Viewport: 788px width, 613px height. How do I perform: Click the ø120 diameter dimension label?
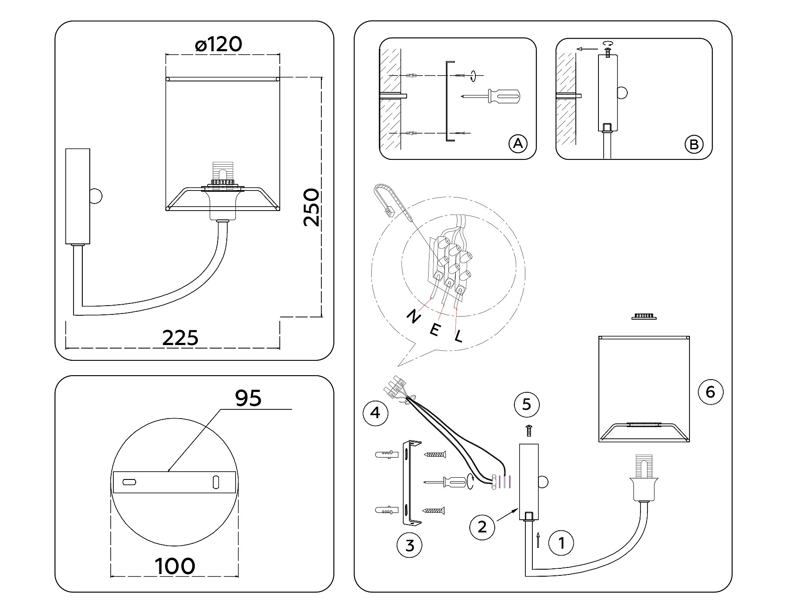tap(219, 45)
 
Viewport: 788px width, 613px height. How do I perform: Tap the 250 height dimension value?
tap(312, 208)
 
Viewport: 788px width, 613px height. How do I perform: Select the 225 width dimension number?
tap(180, 338)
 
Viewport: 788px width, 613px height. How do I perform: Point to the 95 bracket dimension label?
tap(248, 398)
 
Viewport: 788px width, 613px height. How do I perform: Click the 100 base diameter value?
tap(175, 566)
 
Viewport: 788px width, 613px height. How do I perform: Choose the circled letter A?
tap(518, 144)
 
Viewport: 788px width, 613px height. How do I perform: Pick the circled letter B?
tap(694, 144)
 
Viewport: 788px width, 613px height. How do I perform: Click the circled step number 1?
tap(561, 543)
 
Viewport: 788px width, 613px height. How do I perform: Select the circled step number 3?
tap(409, 546)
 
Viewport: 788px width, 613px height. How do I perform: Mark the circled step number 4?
tap(376, 412)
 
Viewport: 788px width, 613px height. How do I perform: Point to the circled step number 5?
tap(527, 404)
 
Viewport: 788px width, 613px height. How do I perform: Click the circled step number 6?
tap(710, 391)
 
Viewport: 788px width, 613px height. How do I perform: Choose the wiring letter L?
tap(458, 336)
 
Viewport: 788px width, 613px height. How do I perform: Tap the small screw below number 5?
tap(529, 430)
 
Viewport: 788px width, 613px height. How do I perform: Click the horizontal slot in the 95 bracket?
tap(129, 482)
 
